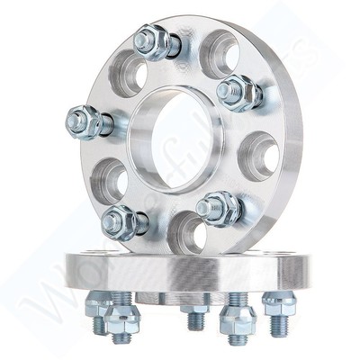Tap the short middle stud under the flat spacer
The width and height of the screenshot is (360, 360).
(195, 316)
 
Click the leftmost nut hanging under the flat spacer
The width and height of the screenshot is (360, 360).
(96, 306)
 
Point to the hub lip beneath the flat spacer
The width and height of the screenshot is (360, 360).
(180, 297)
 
